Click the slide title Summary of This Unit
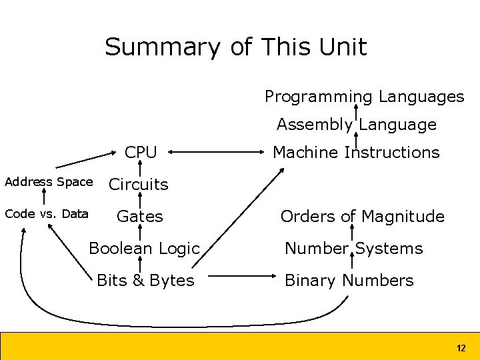tap(235, 47)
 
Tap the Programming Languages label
tap(364, 97)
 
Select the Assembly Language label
tap(356, 125)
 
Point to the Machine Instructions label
tap(356, 153)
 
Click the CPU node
tap(141, 153)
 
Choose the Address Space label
tap(49, 182)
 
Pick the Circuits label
tap(139, 185)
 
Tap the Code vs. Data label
tap(46, 214)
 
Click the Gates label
tap(139, 217)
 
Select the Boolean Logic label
tap(144, 249)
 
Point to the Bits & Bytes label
tap(145, 281)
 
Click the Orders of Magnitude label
tap(362, 217)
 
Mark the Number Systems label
tap(353, 249)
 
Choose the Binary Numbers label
tap(349, 281)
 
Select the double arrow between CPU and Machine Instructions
tap(215, 153)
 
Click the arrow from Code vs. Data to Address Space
tap(45, 197)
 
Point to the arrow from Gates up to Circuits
tap(140, 200)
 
